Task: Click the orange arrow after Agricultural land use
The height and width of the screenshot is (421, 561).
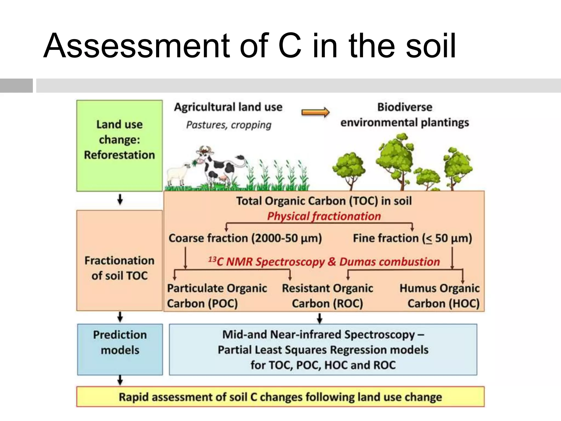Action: click(x=315, y=112)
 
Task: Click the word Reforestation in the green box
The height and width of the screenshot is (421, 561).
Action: click(x=119, y=155)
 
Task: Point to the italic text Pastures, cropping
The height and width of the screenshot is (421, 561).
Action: click(x=229, y=125)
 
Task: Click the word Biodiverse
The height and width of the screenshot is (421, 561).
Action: click(x=405, y=107)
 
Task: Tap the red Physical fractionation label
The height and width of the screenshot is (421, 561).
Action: click(x=324, y=216)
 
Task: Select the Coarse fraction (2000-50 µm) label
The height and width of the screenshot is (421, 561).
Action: click(x=245, y=238)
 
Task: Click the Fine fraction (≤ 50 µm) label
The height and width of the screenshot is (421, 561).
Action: click(x=412, y=238)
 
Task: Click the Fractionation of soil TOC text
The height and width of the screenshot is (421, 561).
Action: click(x=119, y=268)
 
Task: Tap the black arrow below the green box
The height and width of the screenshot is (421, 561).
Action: click(x=120, y=200)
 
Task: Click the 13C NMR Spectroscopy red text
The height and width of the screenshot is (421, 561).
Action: click(x=266, y=262)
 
